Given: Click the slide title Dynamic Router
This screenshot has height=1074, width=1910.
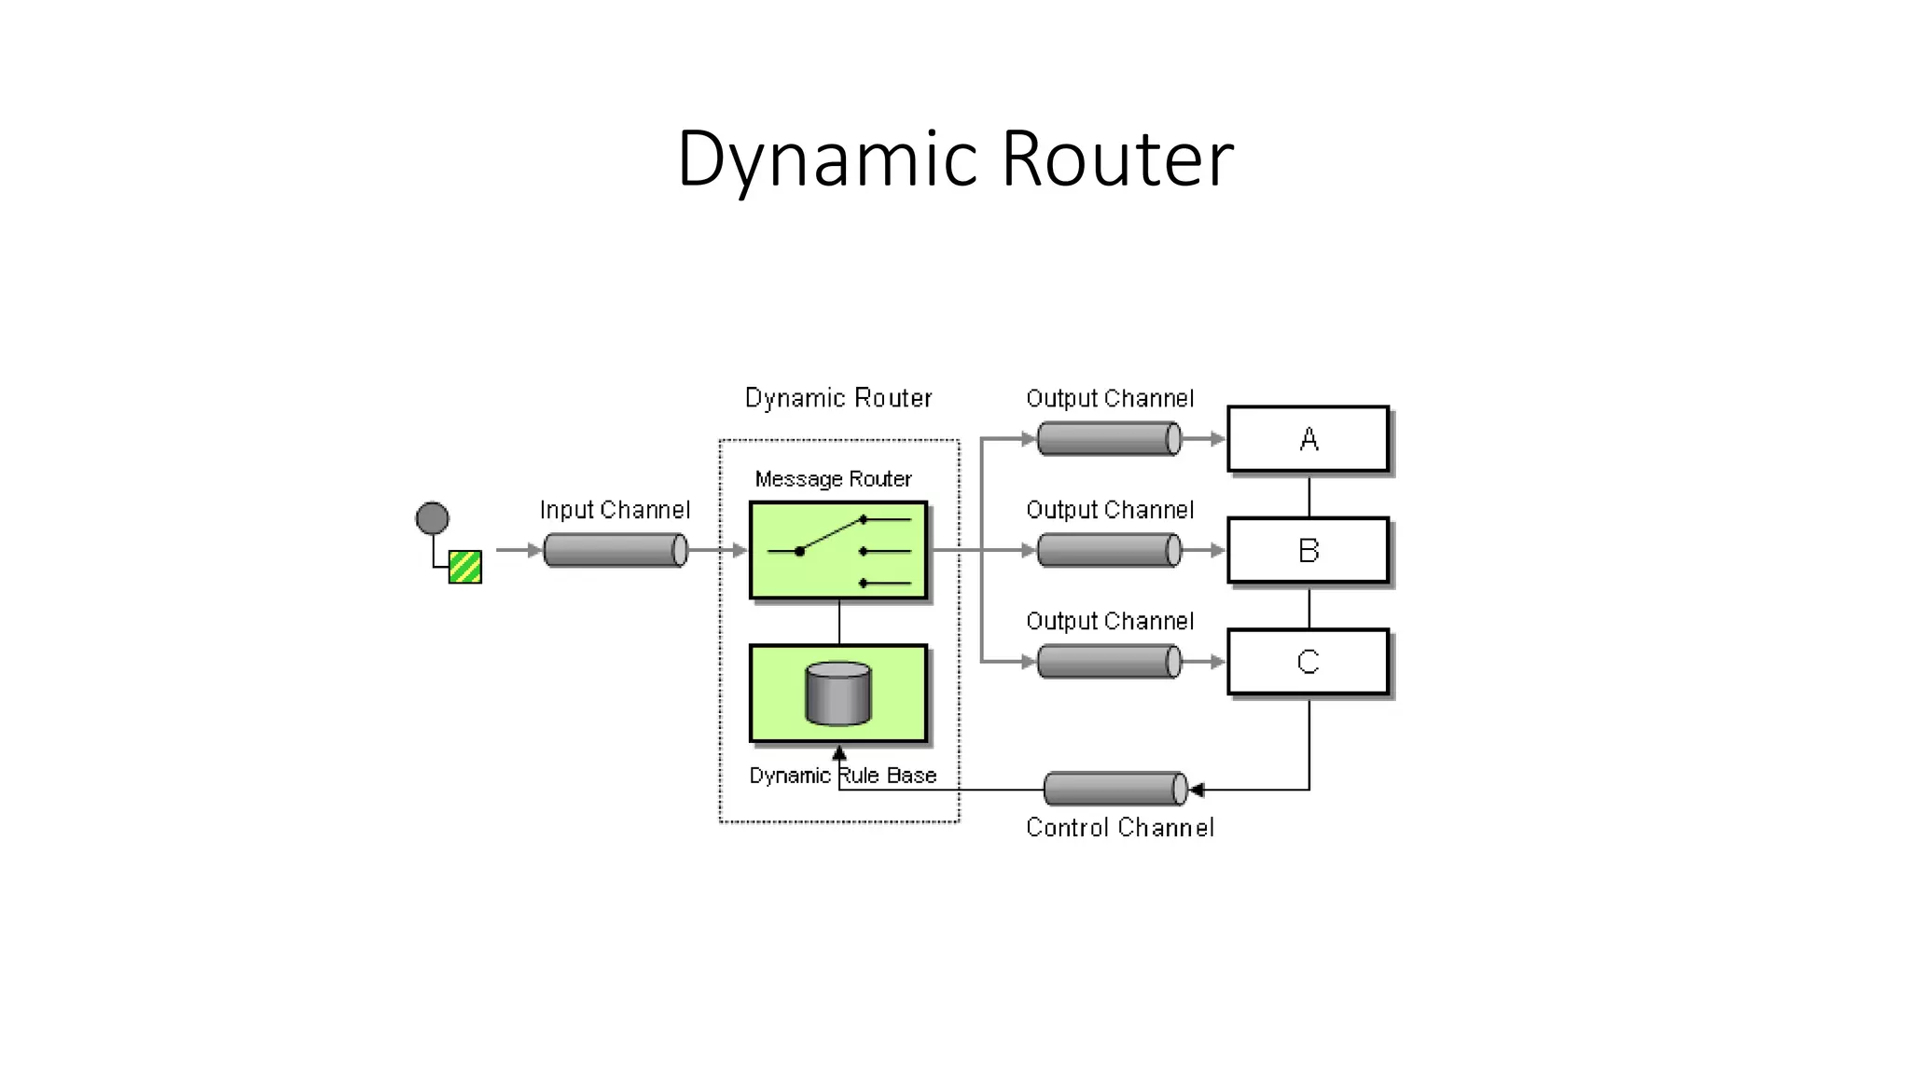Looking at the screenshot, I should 955,158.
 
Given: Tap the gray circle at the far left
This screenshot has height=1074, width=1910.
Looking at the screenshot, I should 432,517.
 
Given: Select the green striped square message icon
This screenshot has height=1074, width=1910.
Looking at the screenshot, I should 464,567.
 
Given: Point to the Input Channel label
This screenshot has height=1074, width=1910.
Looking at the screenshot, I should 615,510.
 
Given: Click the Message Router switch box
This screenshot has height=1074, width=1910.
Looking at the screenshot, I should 838,550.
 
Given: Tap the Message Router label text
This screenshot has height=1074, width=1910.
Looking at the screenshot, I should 833,478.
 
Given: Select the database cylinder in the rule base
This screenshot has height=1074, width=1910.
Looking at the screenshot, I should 837,694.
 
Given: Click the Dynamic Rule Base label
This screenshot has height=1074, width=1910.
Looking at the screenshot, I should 842,776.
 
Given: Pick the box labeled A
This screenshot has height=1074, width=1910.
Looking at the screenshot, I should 1308,438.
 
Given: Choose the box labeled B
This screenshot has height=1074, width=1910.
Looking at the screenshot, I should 1308,550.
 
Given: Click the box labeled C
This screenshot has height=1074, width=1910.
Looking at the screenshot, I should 1308,662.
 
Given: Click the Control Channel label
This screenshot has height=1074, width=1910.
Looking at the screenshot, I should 1119,828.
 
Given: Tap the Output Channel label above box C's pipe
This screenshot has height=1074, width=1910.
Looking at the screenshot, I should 1110,621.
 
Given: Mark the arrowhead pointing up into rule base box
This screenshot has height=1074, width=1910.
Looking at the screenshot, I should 839,752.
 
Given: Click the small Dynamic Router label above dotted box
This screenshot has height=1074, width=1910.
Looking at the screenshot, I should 837,398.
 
